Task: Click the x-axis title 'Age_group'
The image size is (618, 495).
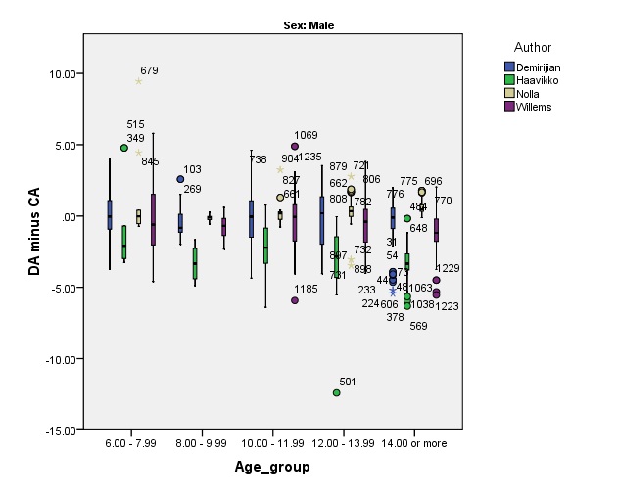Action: (x=272, y=467)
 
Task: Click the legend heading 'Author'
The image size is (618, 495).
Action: (x=533, y=47)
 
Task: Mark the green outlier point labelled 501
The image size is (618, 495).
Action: (x=337, y=392)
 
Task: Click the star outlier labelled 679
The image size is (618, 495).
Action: (x=139, y=81)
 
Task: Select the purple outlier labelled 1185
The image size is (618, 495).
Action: (x=295, y=300)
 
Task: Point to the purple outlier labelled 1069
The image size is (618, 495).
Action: (x=295, y=146)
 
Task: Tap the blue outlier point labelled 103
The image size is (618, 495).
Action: (x=180, y=179)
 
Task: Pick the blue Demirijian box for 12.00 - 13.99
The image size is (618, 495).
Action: (x=321, y=219)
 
